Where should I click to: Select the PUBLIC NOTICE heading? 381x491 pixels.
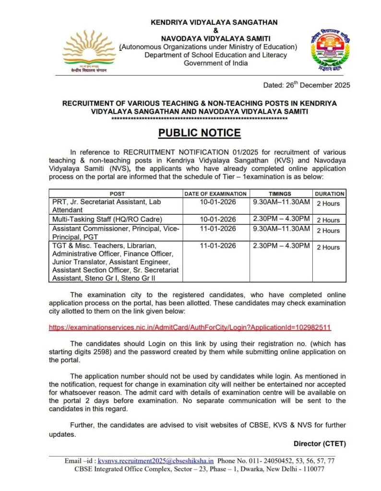[199, 132]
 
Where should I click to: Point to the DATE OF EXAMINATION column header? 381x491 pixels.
[216, 194]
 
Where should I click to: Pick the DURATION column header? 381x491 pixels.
[330, 194]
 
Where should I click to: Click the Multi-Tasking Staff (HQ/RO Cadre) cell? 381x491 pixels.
[104, 220]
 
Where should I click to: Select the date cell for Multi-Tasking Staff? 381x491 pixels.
[217, 220]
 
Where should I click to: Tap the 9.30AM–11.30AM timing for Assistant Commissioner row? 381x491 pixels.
[282, 229]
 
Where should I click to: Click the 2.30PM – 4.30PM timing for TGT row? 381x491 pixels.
[282, 246]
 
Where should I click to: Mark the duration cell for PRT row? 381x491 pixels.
[328, 203]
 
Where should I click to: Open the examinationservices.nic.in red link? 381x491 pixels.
[190, 327]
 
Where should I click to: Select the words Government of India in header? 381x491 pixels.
[216, 63]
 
